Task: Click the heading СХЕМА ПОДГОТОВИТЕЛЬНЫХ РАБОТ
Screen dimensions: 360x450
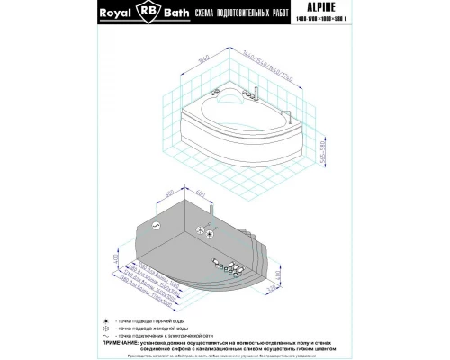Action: point(244,13)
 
